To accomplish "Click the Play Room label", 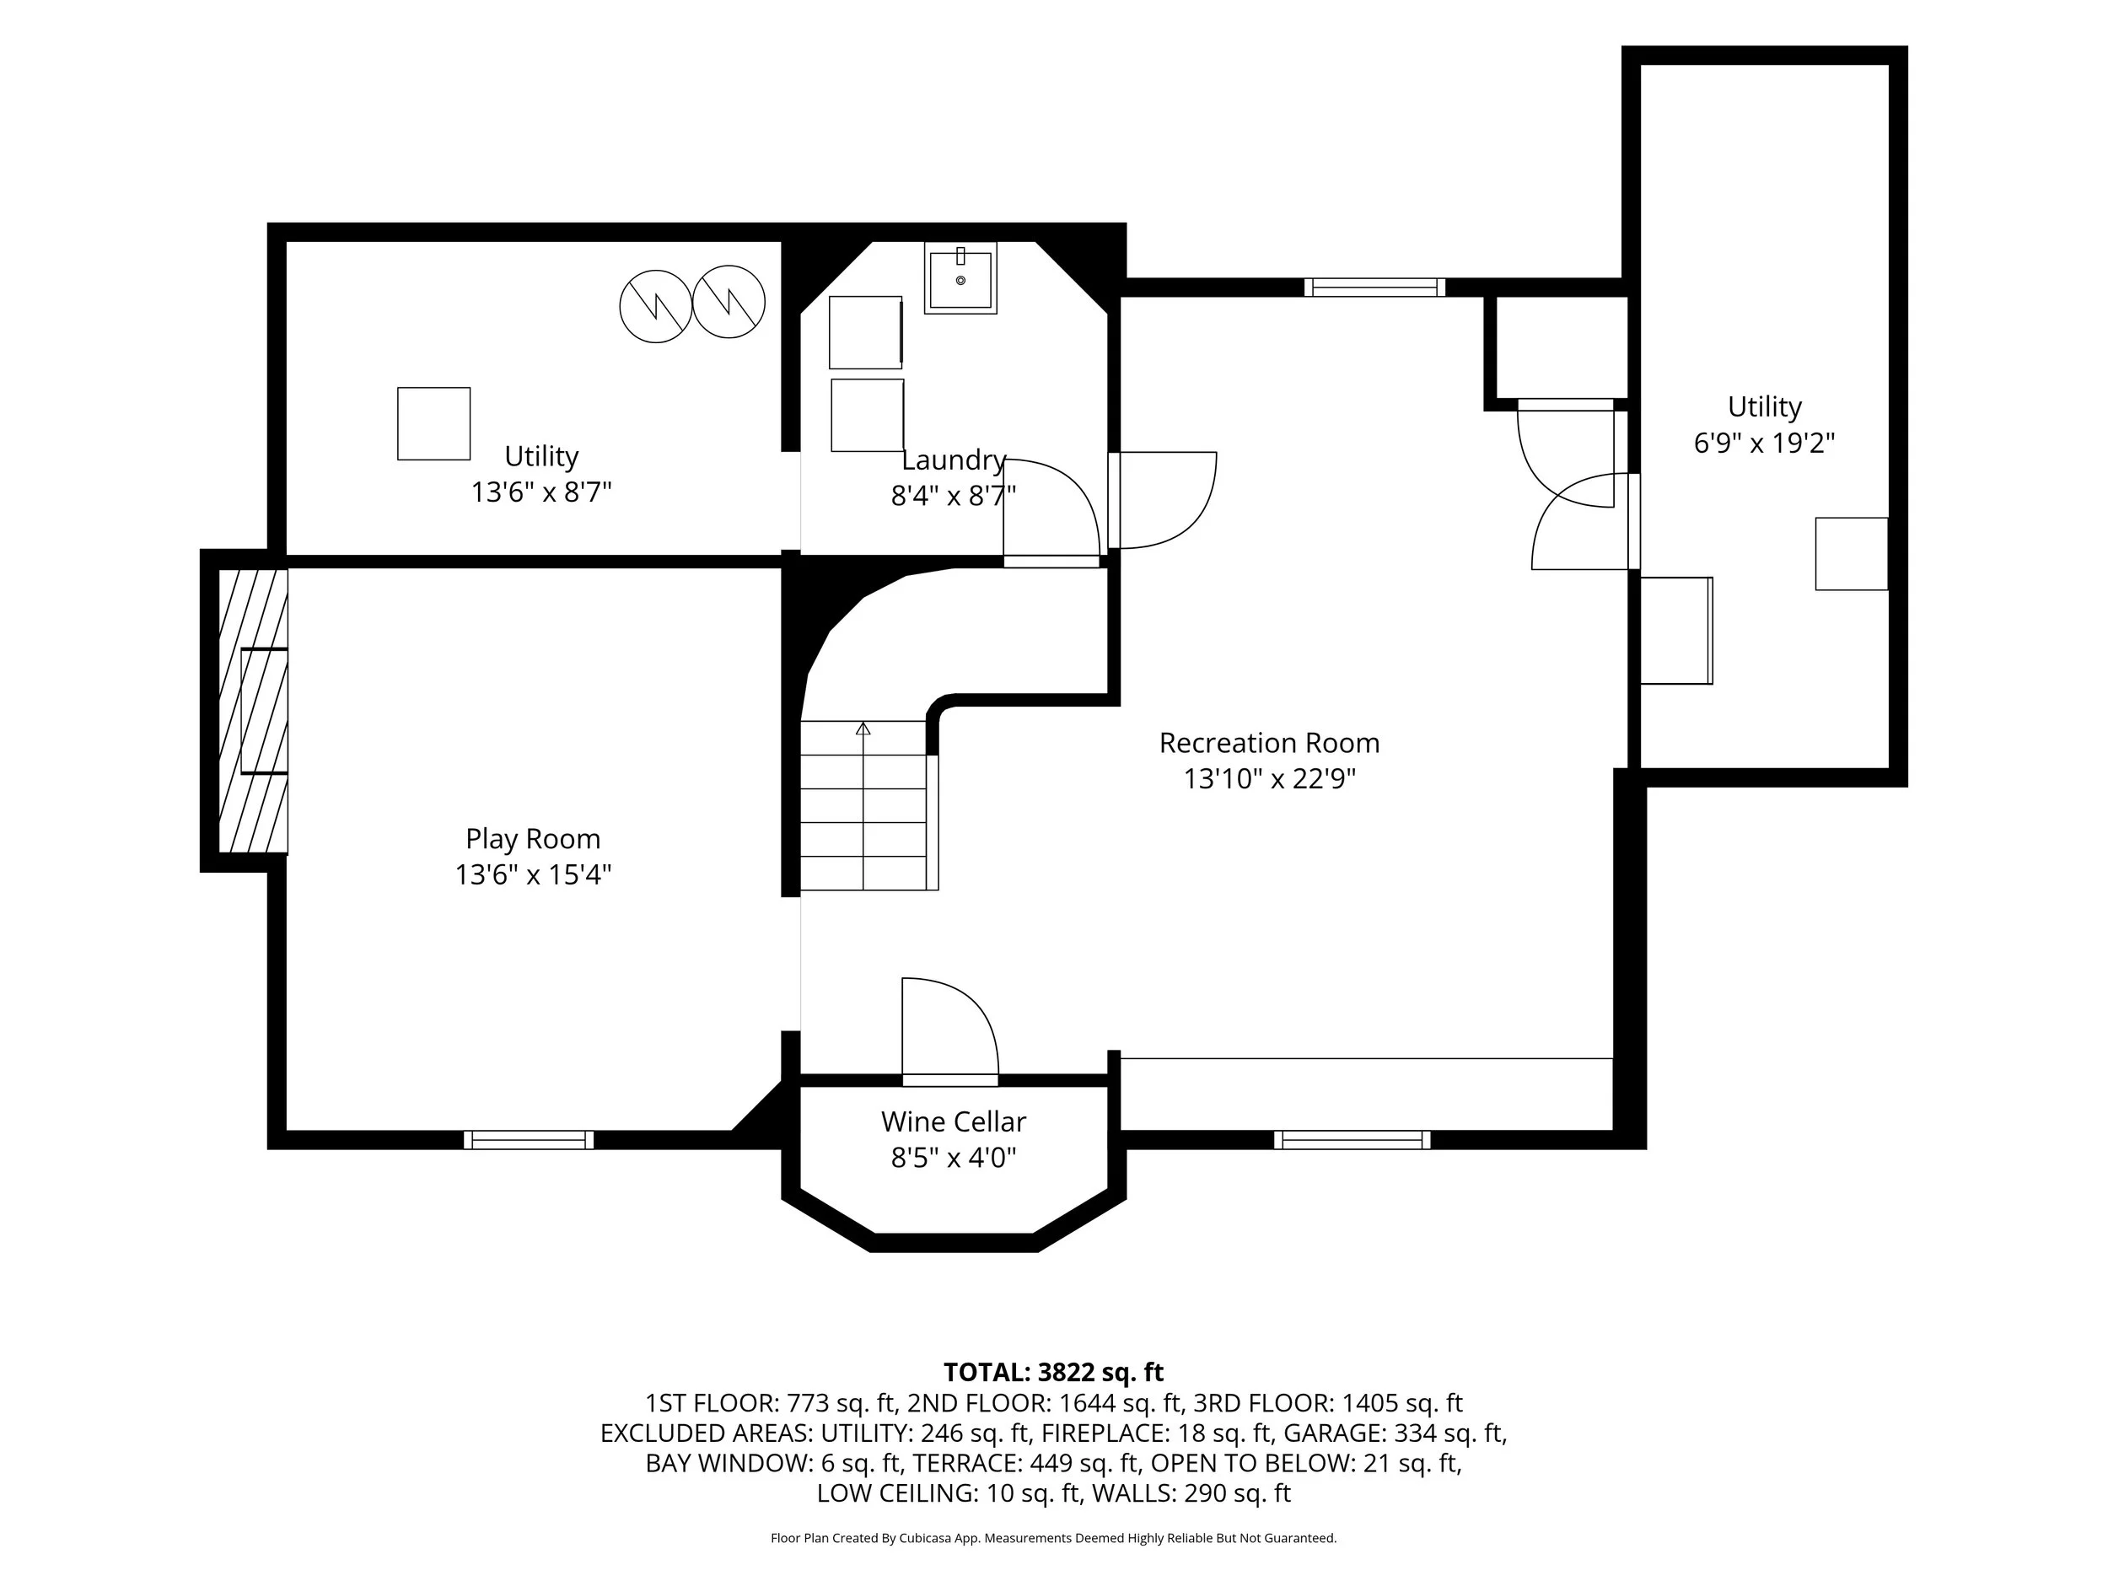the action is point(533,839).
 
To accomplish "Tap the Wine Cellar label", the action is point(953,1121).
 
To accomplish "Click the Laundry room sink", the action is point(960,278).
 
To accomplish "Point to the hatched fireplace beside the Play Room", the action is point(254,711).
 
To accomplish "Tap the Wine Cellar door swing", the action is point(950,1026).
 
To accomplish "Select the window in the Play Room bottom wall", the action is point(529,1140).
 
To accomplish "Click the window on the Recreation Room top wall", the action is point(1374,288).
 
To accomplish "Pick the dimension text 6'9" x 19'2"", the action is point(1764,444).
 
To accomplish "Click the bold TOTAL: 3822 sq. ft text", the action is point(1053,1372).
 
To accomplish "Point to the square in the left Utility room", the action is point(433,423).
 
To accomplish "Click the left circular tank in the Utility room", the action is point(656,307).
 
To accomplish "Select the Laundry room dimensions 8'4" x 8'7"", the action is point(953,497).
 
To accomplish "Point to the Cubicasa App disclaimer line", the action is point(1053,1538).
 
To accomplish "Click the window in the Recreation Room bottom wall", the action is point(1352,1140).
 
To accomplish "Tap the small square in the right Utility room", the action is point(1852,554).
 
